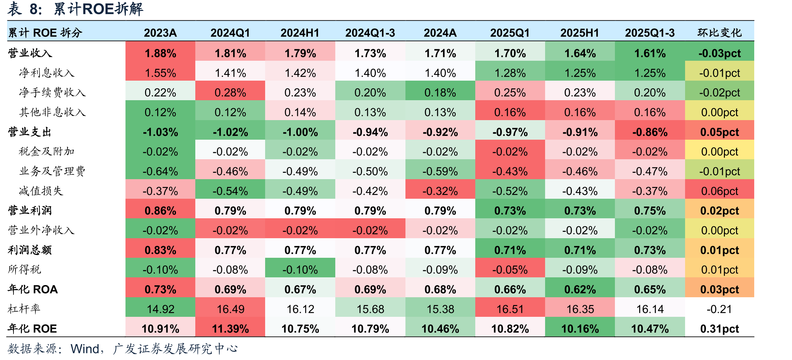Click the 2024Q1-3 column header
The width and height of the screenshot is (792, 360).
(370, 33)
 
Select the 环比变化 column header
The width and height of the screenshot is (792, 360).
(719, 33)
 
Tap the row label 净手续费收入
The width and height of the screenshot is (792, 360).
(52, 92)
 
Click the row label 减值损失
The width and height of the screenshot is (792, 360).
(41, 191)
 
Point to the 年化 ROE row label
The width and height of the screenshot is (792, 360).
(32, 329)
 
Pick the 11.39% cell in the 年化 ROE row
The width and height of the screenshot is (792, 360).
(230, 329)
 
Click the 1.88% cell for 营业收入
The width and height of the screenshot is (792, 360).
(161, 53)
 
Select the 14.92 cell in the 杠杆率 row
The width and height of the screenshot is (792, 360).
(161, 309)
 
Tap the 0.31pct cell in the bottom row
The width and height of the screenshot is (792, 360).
(719, 329)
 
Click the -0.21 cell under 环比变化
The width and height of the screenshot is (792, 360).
(719, 309)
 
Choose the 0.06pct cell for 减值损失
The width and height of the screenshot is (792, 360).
(719, 191)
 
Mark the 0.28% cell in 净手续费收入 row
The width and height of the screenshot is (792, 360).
(230, 92)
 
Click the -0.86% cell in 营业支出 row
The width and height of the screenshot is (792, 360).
(650, 132)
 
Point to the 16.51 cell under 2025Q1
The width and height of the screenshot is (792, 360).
(510, 309)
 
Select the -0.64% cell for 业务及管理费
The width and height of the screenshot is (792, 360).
(161, 171)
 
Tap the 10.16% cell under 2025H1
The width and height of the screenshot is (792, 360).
(580, 329)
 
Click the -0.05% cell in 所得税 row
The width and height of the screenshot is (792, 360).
(510, 270)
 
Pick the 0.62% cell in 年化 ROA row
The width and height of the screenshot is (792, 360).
(580, 289)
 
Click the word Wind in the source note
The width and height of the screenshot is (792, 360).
(85, 349)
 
